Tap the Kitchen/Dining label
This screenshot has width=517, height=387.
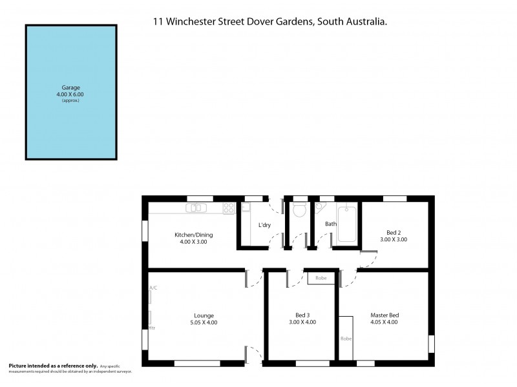[194, 235]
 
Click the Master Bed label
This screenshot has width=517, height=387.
[385, 315]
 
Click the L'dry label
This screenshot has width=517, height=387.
[264, 225]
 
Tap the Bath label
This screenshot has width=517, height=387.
[331, 224]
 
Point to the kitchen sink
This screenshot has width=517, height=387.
[196, 208]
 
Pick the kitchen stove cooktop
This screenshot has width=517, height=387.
[229, 208]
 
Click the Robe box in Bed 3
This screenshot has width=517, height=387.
[321, 279]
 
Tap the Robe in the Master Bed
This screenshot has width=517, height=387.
[346, 338]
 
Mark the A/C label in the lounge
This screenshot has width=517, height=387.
[153, 288]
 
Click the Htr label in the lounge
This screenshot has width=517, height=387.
[153, 328]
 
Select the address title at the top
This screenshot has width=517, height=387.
[270, 21]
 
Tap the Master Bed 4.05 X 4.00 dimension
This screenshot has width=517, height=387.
[385, 322]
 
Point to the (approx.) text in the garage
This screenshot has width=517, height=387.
[70, 101]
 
